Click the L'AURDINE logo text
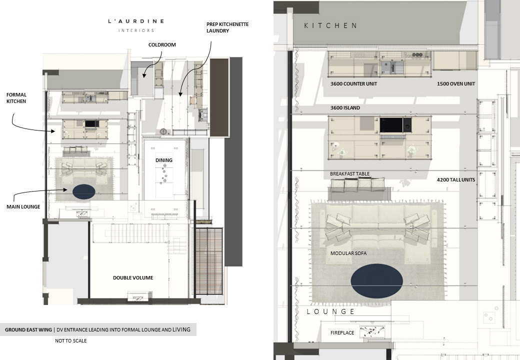point(136,21)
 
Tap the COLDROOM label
point(162,45)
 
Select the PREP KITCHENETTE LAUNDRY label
point(227,27)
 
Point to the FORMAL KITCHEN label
point(16,98)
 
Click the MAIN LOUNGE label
point(23,207)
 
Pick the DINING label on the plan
point(164,160)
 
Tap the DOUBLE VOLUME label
point(133,278)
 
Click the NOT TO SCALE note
point(70,341)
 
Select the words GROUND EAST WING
point(28,330)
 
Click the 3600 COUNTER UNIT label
point(353,84)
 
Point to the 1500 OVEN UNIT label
point(456,84)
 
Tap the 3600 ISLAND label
point(345,107)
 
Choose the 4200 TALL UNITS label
point(456,179)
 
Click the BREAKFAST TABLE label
point(349,173)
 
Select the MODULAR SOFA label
point(348,253)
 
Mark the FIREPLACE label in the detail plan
point(342,333)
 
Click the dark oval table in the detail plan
point(376,281)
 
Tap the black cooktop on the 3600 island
point(391,125)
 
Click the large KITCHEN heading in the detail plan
point(330,25)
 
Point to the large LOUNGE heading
point(330,311)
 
